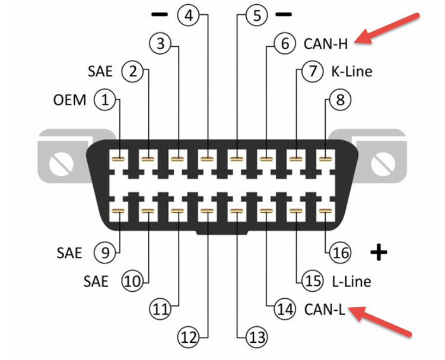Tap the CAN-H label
point(325,43)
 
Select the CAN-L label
point(325,309)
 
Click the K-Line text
point(351,72)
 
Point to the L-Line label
point(351,281)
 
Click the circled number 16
point(341,253)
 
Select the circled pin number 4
point(189,15)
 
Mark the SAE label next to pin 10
point(94,281)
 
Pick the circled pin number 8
point(340,100)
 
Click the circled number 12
point(189,337)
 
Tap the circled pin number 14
point(284,309)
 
